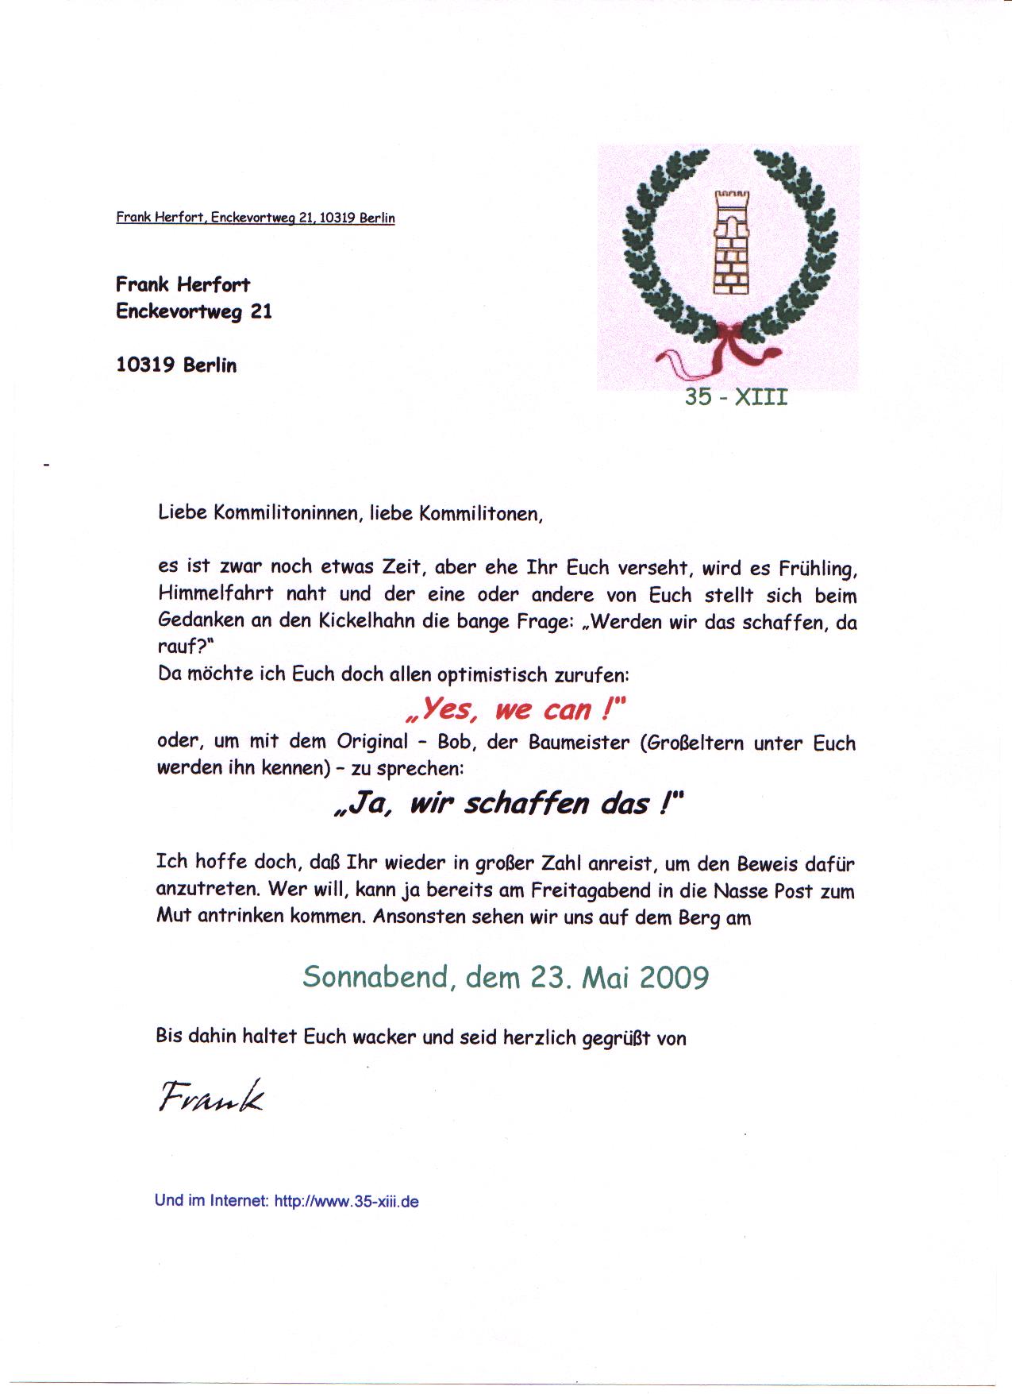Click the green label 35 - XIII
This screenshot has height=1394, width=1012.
pyautogui.click(x=736, y=396)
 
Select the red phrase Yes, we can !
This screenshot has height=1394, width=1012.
pyautogui.click(x=514, y=709)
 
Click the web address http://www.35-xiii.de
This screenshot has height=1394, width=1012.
pyautogui.click(x=346, y=1201)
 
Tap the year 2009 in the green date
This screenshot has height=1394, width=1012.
pyautogui.click(x=673, y=976)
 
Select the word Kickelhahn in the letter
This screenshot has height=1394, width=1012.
pyautogui.click(x=367, y=621)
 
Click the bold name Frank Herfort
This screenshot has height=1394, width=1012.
pyautogui.click(x=183, y=284)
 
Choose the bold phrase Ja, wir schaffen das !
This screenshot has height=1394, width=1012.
pyautogui.click(x=508, y=804)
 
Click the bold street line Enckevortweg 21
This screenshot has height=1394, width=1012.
pyautogui.click(x=194, y=311)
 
